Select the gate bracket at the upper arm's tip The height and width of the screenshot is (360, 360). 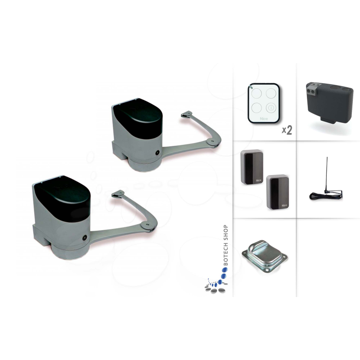[x=186, y=115]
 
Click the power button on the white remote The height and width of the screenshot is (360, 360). [x=271, y=108]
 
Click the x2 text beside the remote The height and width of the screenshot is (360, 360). [x=287, y=130]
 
